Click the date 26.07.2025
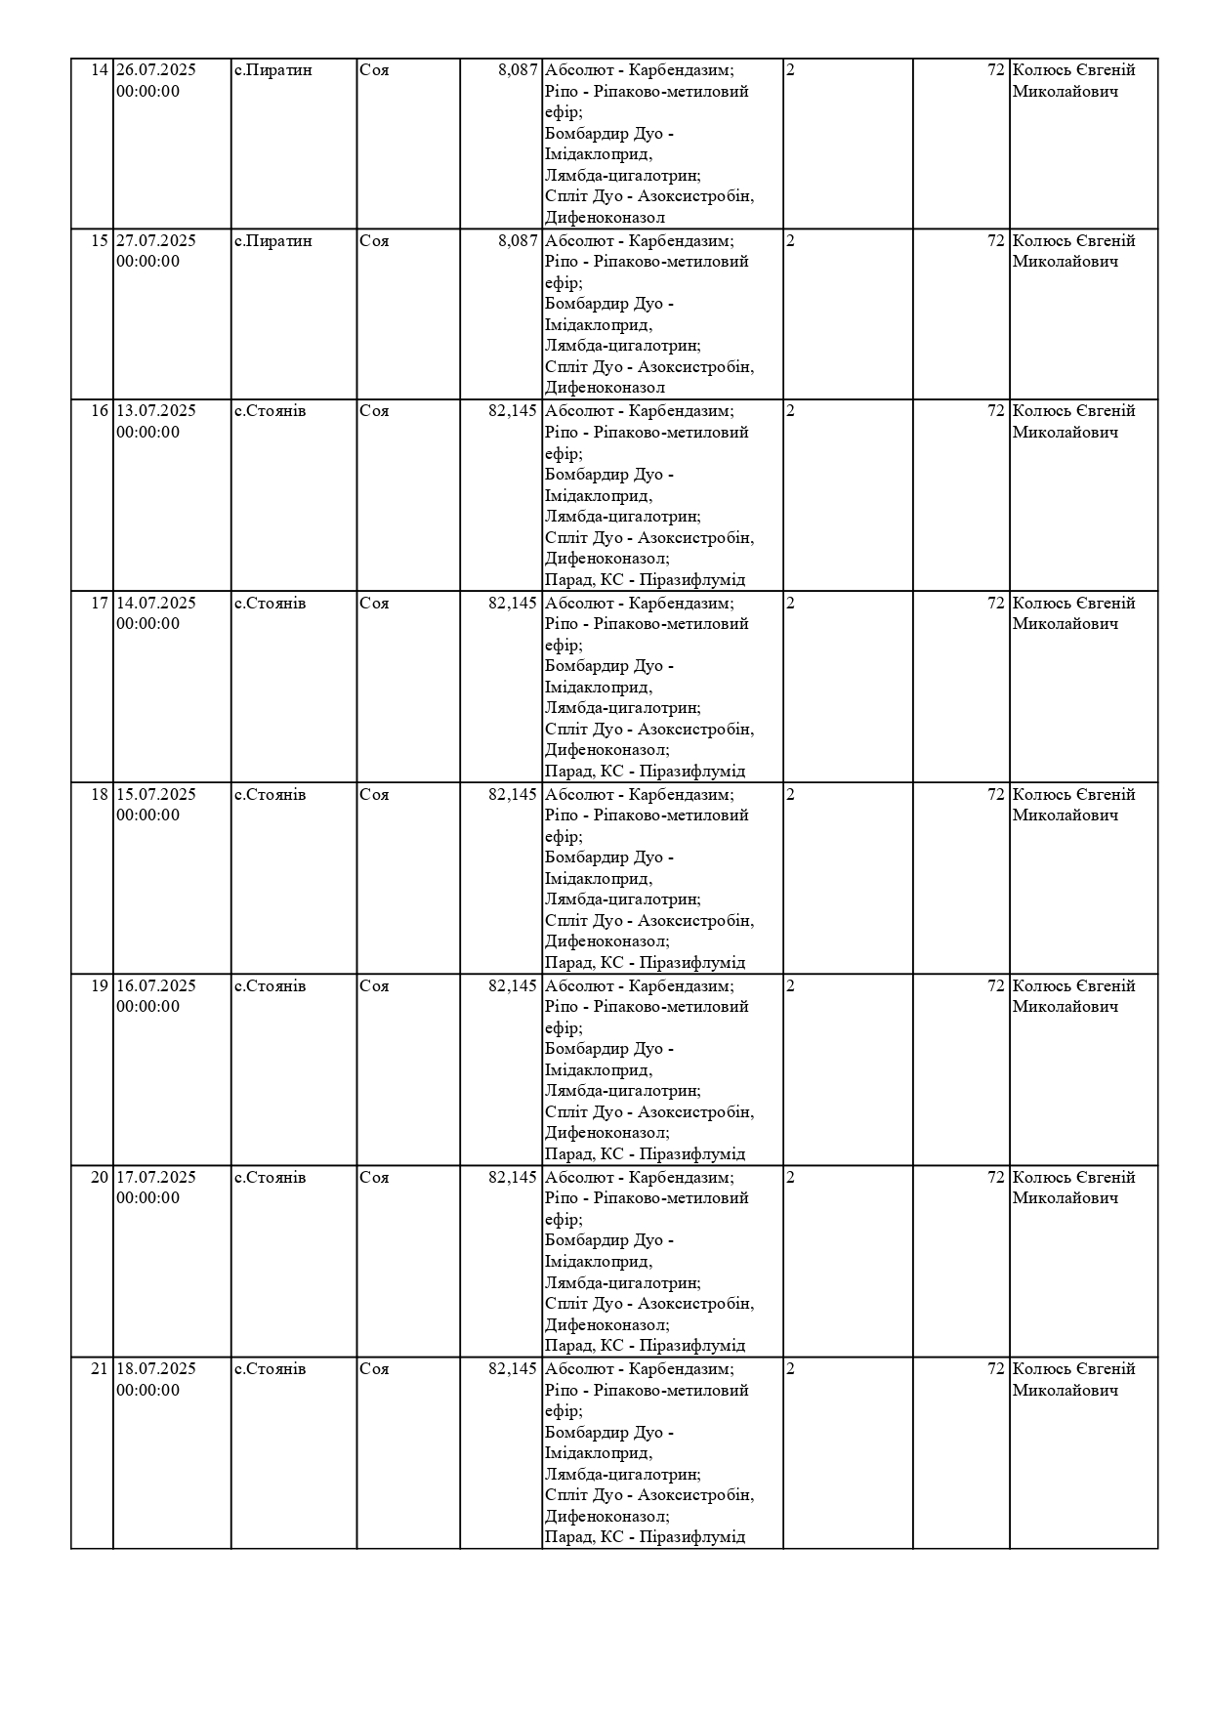pyautogui.click(x=156, y=70)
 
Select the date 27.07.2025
pyautogui.click(x=156, y=240)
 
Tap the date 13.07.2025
pyautogui.click(x=156, y=410)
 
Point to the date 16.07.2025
pyautogui.click(x=156, y=985)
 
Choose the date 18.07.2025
pyautogui.click(x=156, y=1368)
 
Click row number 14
pyautogui.click(x=100, y=70)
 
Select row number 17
pyautogui.click(x=100, y=603)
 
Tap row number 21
pyautogui.click(x=100, y=1368)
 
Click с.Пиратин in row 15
pyautogui.click(x=273, y=240)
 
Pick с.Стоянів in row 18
pyautogui.click(x=271, y=794)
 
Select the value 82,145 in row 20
pyautogui.click(x=513, y=1177)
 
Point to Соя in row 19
pyautogui.click(x=374, y=985)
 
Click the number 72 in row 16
pyautogui.click(x=996, y=410)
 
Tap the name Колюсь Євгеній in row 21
pyautogui.click(x=1073, y=1368)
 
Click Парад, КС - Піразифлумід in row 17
pyautogui.click(x=645, y=772)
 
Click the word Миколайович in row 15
pyautogui.click(x=1065, y=262)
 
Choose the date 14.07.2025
pyautogui.click(x=156, y=603)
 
